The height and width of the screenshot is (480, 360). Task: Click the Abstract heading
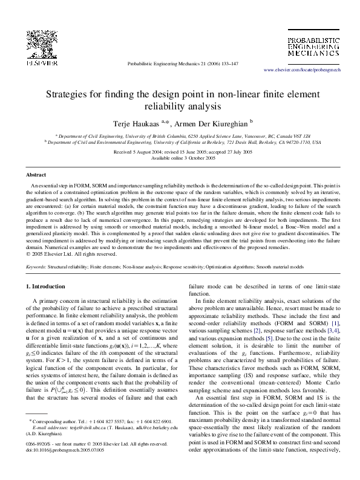(36, 174)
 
